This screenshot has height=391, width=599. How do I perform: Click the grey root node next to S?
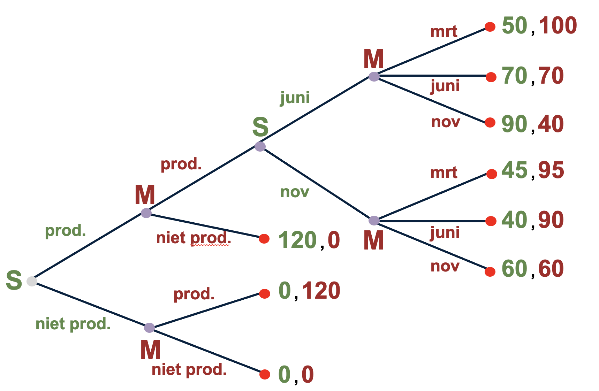pos(32,281)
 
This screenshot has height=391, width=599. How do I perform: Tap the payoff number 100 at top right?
pos(558,26)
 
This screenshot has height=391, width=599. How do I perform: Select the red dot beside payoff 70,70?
pos(491,77)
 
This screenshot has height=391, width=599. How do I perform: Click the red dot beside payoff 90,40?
pos(490,122)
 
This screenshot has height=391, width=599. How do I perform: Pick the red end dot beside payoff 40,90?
pos(491,221)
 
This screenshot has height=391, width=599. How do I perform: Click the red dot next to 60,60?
pos(490,271)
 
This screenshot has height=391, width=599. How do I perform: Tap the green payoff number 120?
pos(297,240)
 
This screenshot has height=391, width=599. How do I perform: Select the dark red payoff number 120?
pos(321,291)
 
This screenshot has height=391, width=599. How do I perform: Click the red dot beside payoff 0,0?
pos(265,374)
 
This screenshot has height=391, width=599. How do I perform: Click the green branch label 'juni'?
pos(295,98)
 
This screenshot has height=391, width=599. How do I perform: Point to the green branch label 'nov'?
pos(295,192)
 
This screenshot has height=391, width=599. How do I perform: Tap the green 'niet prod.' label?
pos(73,324)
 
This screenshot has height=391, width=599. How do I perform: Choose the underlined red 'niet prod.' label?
pos(194,238)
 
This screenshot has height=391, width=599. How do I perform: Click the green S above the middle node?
pos(260,127)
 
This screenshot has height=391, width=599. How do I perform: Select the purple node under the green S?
pos(260,146)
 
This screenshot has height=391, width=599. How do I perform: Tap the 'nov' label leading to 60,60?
pos(445,267)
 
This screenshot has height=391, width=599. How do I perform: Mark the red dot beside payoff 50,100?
pos(490,27)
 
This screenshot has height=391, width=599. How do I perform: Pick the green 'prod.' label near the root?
pos(65,231)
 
